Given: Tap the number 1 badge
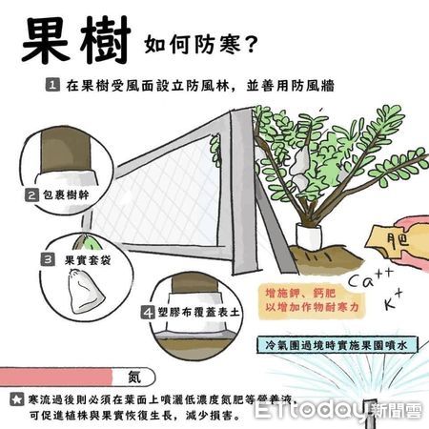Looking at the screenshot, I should click(53, 86).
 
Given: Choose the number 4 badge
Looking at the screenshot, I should click(148, 311).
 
